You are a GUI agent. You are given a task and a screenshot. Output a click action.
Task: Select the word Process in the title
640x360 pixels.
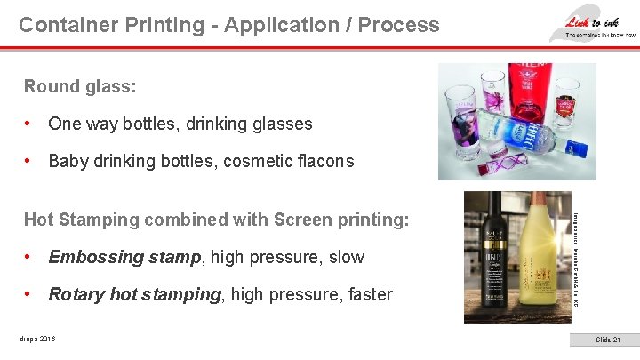398,25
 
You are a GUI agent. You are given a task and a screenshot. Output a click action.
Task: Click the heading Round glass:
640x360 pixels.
81,86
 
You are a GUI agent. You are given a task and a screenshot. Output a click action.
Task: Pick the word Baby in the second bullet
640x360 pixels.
68,161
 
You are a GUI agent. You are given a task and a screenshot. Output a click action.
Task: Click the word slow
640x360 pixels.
347,257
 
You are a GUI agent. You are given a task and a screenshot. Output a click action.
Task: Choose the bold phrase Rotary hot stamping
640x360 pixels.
134,294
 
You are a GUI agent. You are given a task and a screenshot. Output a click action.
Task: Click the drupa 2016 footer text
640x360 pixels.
41,339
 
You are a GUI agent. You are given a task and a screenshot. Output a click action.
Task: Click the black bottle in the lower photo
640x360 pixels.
488,258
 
